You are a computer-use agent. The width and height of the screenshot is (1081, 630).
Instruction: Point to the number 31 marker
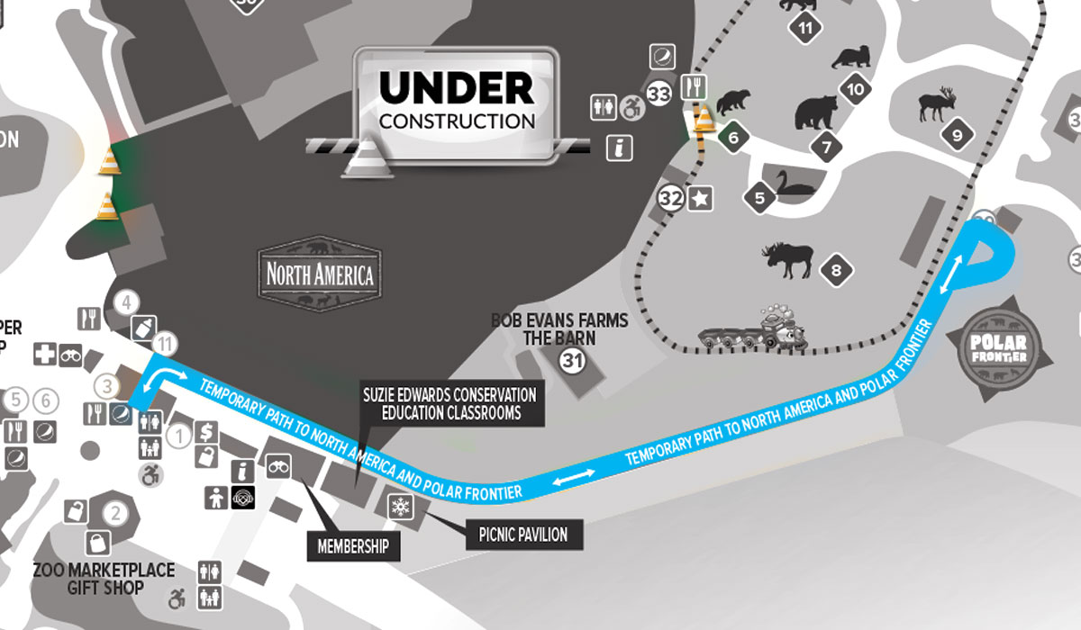coord(572,362)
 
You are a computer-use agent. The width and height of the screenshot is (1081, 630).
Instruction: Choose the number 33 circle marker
coord(660,93)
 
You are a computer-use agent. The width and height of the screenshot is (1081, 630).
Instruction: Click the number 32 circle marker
coord(670,198)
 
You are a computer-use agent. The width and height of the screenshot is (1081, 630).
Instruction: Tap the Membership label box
coord(353,545)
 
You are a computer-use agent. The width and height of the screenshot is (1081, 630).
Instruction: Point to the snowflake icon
coord(399,506)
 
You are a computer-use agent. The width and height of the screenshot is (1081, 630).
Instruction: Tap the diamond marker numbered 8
coord(837,269)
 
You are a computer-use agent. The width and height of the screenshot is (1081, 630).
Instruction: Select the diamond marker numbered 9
coord(957,136)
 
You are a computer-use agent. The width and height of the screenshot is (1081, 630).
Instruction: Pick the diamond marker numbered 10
coord(855,88)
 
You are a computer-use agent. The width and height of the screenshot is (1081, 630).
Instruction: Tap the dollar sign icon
coord(206,432)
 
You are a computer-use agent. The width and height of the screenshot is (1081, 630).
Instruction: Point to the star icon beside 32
coord(700,198)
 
